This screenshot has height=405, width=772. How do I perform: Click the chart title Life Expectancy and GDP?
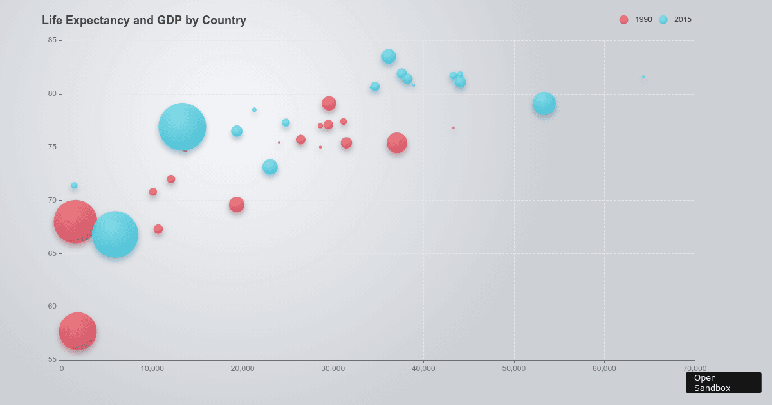(143, 21)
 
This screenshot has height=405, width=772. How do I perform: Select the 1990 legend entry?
(636, 20)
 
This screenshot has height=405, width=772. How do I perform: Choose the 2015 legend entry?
(675, 20)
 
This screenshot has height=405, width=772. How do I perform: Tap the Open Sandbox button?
(723, 382)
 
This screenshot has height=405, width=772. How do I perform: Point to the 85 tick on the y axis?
(52, 40)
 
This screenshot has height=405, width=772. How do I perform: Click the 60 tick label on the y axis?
(52, 307)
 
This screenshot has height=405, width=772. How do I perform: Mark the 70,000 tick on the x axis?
(695, 368)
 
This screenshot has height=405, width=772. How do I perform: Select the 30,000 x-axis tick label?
(333, 368)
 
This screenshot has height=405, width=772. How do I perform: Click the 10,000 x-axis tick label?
(152, 368)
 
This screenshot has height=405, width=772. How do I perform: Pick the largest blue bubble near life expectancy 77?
(182, 127)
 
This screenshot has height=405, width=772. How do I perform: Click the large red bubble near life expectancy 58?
(78, 332)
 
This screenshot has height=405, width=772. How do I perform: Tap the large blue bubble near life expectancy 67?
(115, 235)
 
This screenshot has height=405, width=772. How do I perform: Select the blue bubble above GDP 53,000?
(544, 104)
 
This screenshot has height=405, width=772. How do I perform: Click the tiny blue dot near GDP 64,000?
(643, 77)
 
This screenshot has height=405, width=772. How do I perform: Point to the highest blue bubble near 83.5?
(389, 57)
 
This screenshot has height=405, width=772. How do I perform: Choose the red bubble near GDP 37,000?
(397, 143)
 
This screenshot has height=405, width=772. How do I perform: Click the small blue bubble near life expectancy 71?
(74, 185)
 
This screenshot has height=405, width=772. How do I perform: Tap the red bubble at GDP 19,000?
(237, 204)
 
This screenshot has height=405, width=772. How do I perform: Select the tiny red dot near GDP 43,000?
(453, 128)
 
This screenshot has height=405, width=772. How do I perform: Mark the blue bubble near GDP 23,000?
(270, 167)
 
